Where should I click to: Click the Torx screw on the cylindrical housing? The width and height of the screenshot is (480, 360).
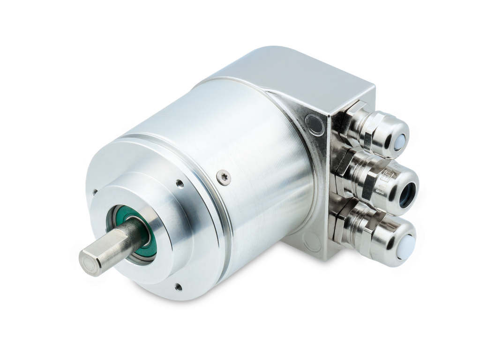click(x=224, y=177)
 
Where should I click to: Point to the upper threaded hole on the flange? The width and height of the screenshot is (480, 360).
click(x=180, y=184)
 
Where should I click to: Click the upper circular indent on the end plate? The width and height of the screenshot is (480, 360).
click(x=314, y=124)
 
